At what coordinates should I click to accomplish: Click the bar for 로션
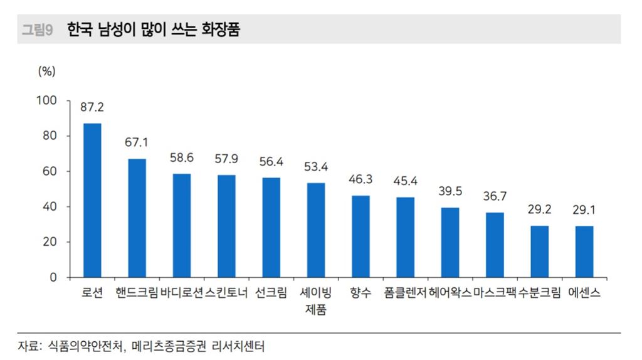pos(92,200)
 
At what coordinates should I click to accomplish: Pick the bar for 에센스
pos(584,251)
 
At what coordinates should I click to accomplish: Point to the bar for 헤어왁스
pos(450,242)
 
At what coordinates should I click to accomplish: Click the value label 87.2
pos(92,107)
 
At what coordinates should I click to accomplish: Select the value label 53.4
pos(316,167)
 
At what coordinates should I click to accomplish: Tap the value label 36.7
pos(495,196)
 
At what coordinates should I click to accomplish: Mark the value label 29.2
pos(539,209)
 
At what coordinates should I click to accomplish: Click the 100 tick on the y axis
pos(48,100)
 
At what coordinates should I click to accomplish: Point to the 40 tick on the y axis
pos(50,206)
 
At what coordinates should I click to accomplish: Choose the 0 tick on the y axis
pos(53,277)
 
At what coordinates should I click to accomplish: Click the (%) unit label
pos(46,71)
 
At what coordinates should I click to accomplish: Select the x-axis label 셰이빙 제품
pos(316,301)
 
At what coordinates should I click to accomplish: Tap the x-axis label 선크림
pos(271,293)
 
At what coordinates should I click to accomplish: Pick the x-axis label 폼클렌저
pos(405,293)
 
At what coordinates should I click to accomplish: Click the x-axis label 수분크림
pos(539,293)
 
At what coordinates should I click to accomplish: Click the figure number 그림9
pos(38,29)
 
